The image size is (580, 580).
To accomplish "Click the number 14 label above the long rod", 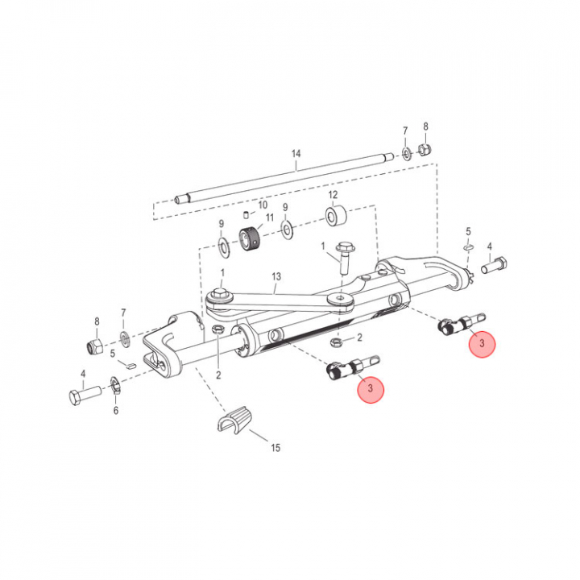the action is coord(296,154).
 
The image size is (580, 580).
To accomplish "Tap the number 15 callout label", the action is coord(275,448).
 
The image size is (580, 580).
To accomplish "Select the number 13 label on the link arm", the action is coord(276,276).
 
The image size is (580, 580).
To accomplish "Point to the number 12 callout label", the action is coord(333,195).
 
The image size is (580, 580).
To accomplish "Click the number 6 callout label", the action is coord(116,410).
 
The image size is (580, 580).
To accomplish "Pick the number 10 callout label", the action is coord(263,205).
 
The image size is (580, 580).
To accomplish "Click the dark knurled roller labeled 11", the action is coord(250,239).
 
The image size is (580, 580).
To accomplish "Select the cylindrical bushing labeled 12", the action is coord(336,216).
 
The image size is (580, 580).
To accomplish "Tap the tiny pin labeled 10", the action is coord(246,213).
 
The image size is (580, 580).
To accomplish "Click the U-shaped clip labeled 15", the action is coord(234,420).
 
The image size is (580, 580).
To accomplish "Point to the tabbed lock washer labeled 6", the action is coord(115,385).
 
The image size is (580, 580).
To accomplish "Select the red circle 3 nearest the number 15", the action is coord(371,389).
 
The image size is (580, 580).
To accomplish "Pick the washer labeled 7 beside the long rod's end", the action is coord(406,154).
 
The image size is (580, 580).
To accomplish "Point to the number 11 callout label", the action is coord(270,217).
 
